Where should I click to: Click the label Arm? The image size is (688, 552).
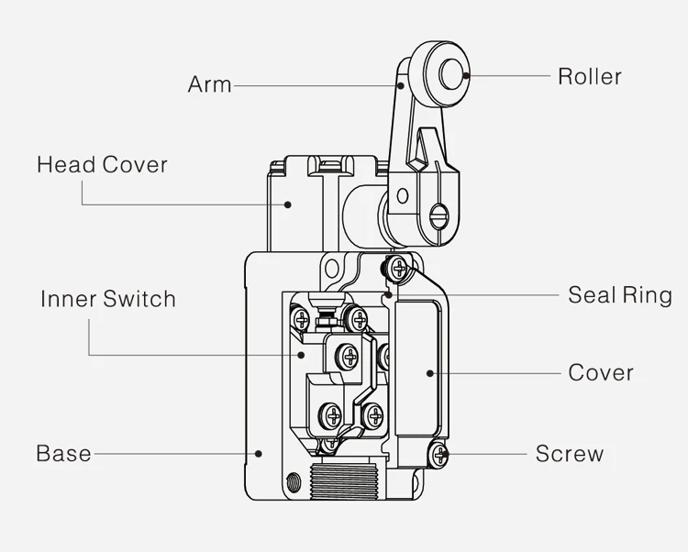209,84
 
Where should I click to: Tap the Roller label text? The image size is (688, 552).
589,76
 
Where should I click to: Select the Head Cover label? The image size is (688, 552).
102,165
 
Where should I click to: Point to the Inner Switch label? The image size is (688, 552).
107,299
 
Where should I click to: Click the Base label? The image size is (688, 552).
63,453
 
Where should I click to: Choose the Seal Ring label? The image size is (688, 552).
619,295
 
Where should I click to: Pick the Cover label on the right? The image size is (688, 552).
600,372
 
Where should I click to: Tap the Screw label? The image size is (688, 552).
569,453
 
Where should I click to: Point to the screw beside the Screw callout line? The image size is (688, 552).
440,453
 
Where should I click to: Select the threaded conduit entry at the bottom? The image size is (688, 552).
347,481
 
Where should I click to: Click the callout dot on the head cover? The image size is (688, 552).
287,204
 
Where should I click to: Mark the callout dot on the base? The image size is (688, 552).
260,452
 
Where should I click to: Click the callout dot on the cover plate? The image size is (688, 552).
429,372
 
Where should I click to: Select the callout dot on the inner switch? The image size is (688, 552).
302,353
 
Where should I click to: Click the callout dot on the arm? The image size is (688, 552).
401,84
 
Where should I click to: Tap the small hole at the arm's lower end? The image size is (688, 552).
401,194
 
